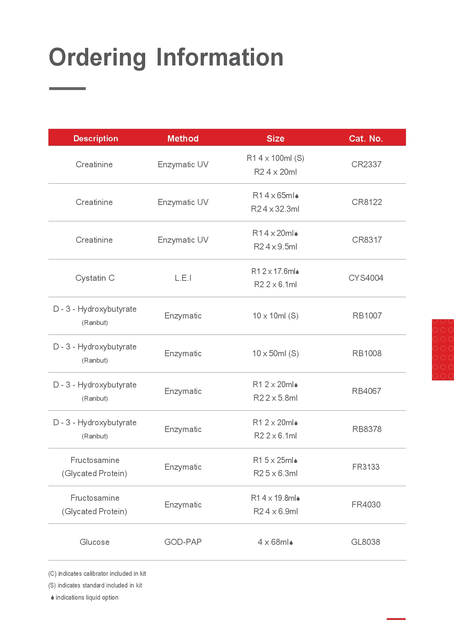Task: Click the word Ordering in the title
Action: tap(97, 58)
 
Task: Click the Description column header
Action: tap(96, 138)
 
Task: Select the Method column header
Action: tap(183, 138)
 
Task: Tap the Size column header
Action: tap(275, 138)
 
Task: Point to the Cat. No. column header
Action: tap(366, 138)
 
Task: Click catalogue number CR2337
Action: tap(366, 164)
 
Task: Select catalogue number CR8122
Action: tap(366, 202)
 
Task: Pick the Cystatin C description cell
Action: tap(95, 278)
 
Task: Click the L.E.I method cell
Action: tap(183, 278)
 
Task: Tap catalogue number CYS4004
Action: tap(366, 278)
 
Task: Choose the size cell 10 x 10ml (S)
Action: tap(275, 316)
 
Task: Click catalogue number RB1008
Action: tap(366, 353)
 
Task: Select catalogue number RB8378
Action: tap(366, 429)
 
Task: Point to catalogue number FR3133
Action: tap(366, 467)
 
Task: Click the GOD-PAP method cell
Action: tap(183, 542)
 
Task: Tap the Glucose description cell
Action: tap(95, 542)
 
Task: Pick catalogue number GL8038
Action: tap(365, 542)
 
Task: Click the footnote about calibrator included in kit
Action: tap(97, 574)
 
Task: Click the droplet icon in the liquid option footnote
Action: tap(52, 598)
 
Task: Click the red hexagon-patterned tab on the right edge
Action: tap(443, 349)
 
